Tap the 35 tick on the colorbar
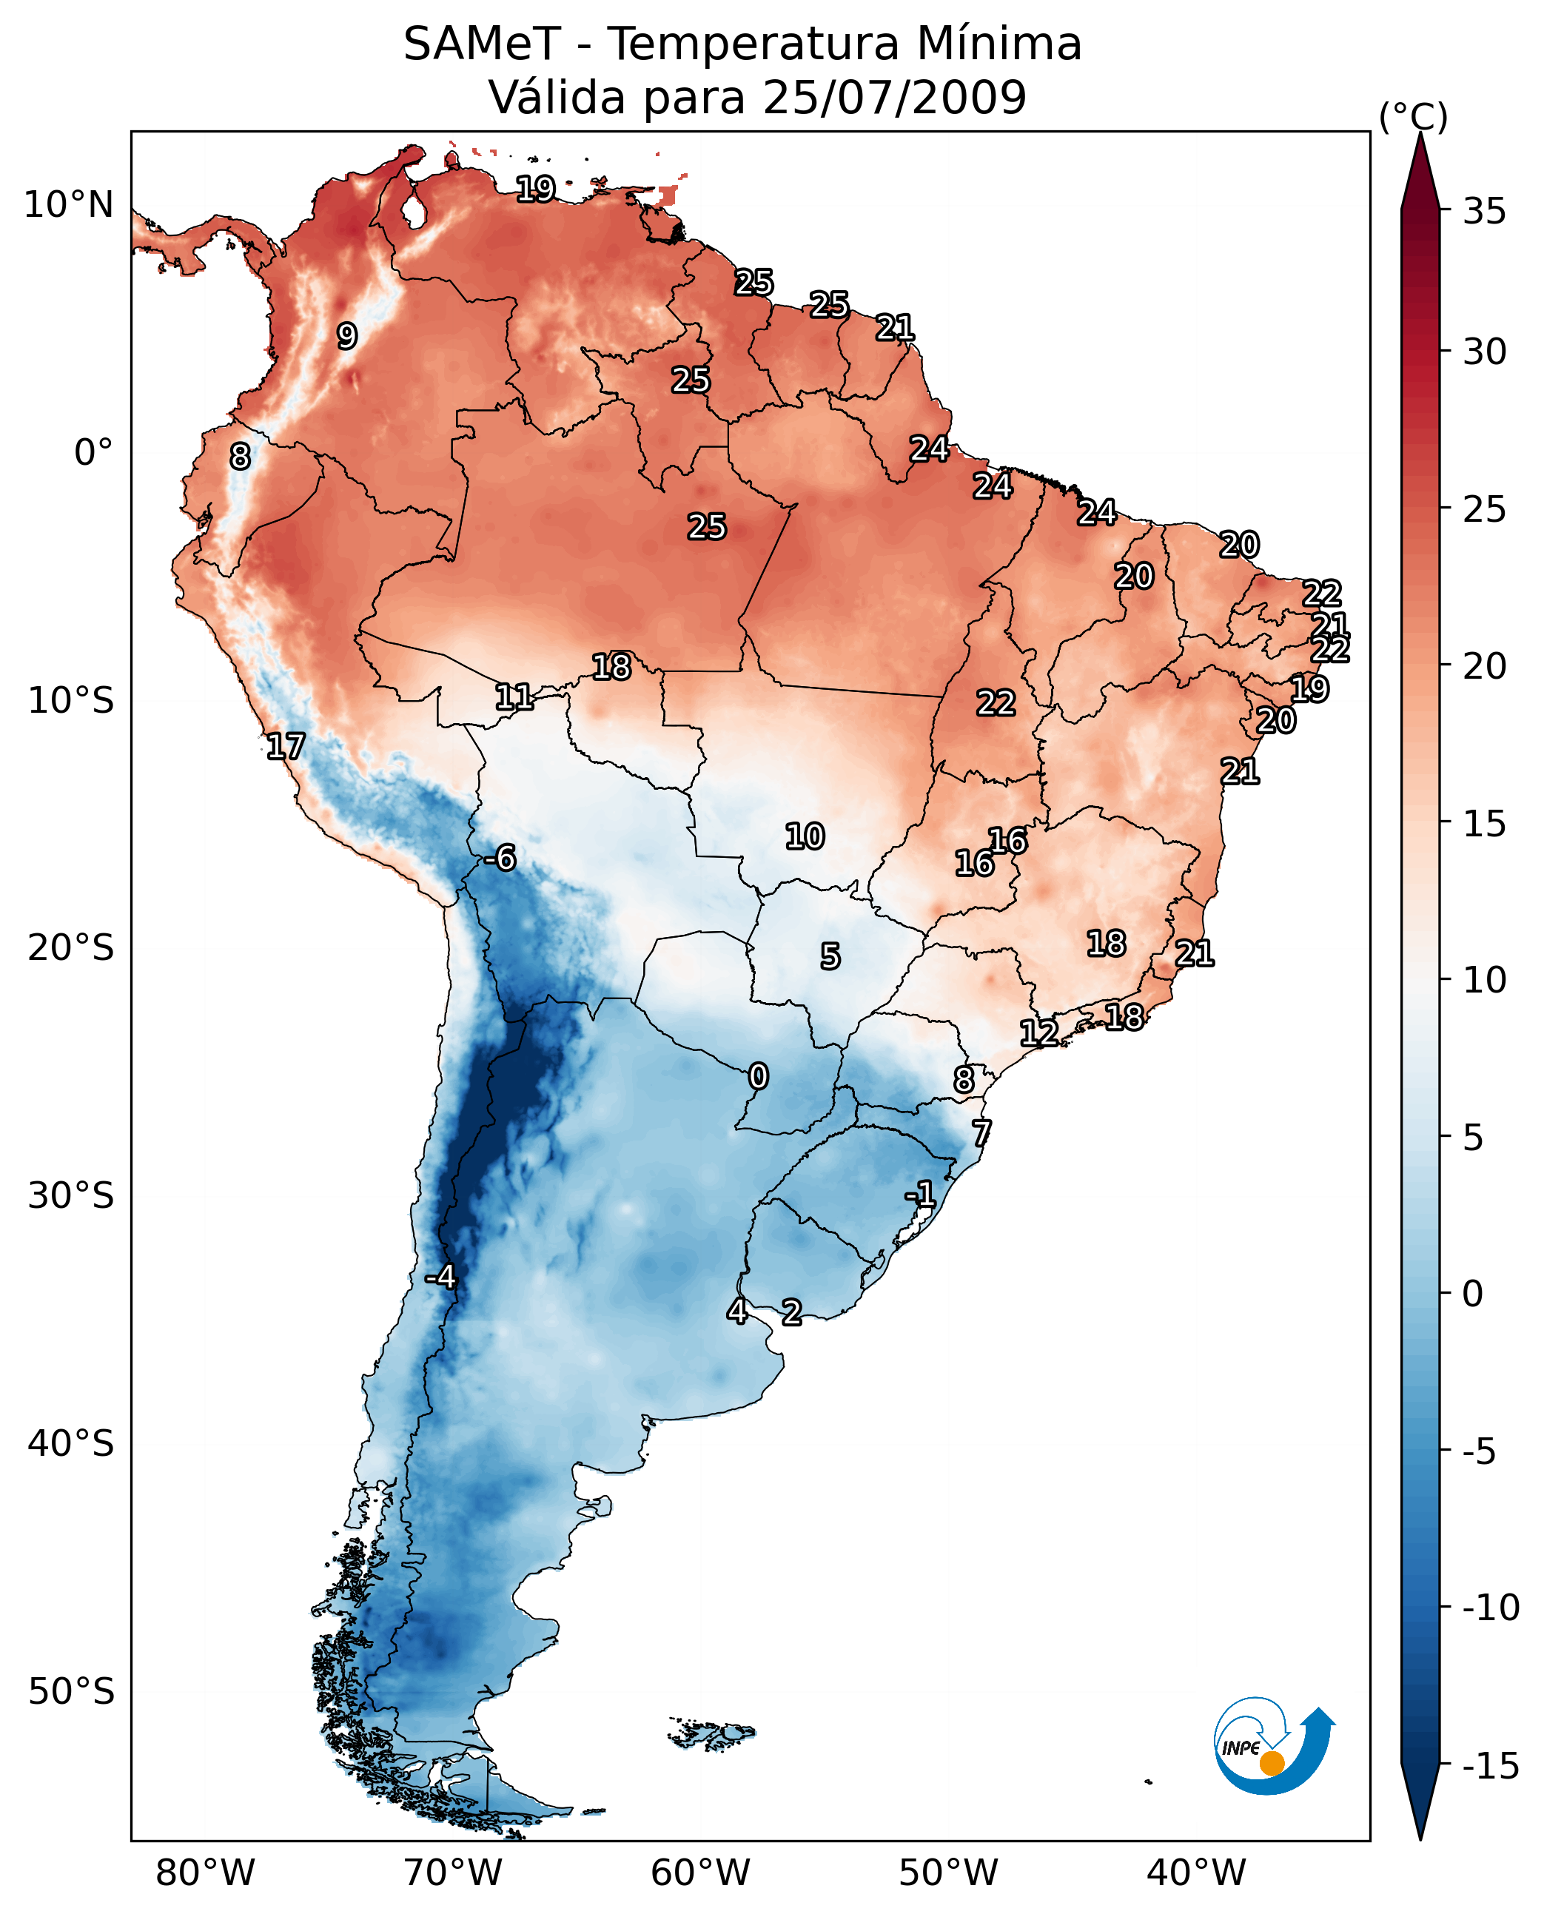pyautogui.click(x=1484, y=211)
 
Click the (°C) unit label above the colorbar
pyautogui.click(x=1413, y=116)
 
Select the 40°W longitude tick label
pyautogui.click(x=1196, y=1873)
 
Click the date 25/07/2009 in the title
pyautogui.click(x=895, y=97)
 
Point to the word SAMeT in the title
pyautogui.click(x=481, y=44)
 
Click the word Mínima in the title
pyautogui.click(x=998, y=44)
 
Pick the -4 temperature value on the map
pyautogui.click(x=440, y=1277)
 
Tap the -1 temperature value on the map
pyautogui.click(x=921, y=1194)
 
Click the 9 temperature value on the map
pyautogui.click(x=347, y=336)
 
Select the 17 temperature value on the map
pyautogui.click(x=286, y=746)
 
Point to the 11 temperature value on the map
pyautogui.click(x=514, y=696)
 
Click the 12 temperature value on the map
pyautogui.click(x=1038, y=1032)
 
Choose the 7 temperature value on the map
pyautogui.click(x=981, y=1133)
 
